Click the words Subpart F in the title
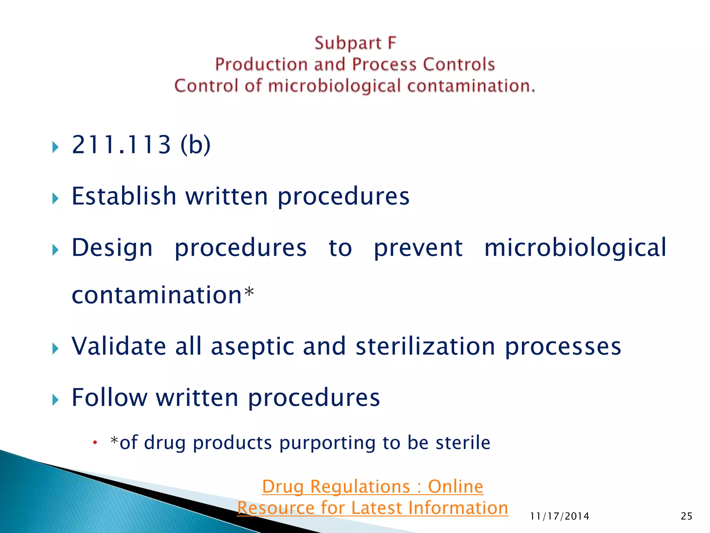[x=355, y=43]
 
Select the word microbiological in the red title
[x=334, y=86]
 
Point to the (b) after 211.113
[x=195, y=145]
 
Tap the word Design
[x=112, y=248]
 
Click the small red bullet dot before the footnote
[x=95, y=442]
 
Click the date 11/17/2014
[x=560, y=516]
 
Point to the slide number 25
[x=686, y=516]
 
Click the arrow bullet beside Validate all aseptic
[x=55, y=348]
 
